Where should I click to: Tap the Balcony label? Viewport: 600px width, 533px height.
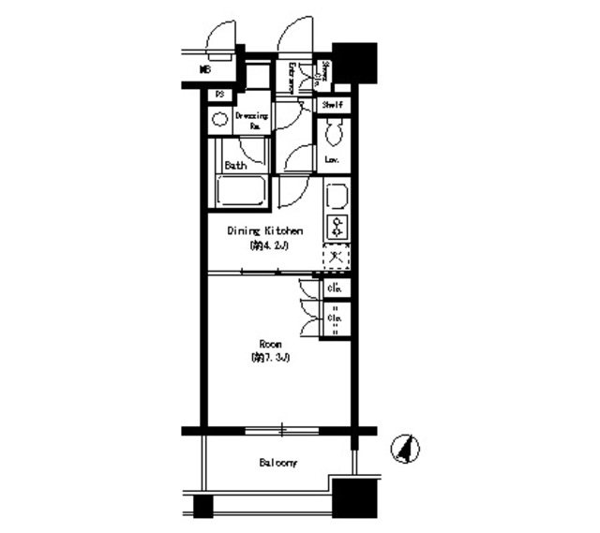tap(278, 463)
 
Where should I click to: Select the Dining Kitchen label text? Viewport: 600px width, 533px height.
tap(262, 231)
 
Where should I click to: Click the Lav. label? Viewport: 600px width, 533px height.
tap(332, 160)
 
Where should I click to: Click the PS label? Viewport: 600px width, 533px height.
tap(219, 95)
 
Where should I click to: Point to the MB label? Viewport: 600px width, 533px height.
tap(204, 69)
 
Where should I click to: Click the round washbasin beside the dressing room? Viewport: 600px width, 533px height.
tap(218, 120)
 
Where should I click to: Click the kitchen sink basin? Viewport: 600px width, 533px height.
tap(336, 197)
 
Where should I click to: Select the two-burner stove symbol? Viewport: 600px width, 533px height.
tap(336, 226)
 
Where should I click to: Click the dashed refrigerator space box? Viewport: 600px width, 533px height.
tap(336, 256)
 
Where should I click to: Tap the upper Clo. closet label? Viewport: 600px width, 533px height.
tap(335, 289)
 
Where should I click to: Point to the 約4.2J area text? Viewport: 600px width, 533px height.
tap(262, 246)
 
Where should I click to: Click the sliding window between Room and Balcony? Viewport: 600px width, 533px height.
tap(280, 431)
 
